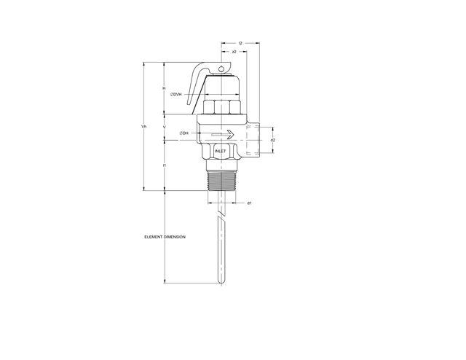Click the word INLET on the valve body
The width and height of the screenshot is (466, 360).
(221, 152)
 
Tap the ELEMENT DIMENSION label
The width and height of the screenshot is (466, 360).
(165, 237)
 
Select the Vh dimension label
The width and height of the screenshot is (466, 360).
(143, 127)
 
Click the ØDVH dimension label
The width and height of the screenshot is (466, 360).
(176, 95)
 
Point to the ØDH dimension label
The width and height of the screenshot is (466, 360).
(183, 133)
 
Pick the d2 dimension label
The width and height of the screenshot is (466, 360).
(273, 139)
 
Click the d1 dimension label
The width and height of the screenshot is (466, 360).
(249, 203)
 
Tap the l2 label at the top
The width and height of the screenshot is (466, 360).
(240, 44)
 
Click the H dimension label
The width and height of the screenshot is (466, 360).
(165, 88)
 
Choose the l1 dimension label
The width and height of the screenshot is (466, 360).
(165, 166)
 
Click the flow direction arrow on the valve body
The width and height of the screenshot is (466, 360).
(221, 134)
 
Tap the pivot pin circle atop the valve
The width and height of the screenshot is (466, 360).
(223, 69)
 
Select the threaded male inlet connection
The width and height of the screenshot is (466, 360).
(221, 179)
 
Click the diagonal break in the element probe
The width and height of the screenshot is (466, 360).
(221, 217)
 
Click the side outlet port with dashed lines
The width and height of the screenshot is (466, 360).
(252, 139)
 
